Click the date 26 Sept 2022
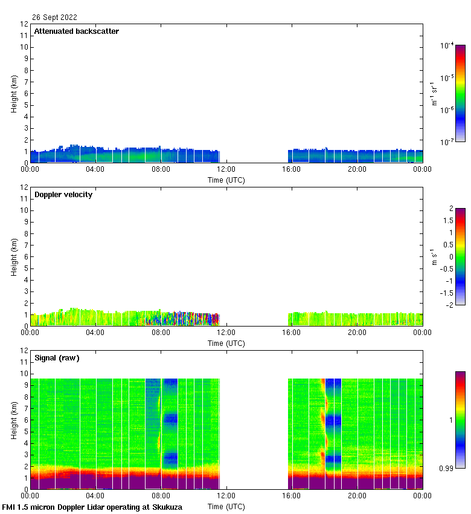[x=54, y=18]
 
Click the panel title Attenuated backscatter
[x=76, y=31]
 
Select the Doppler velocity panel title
[x=63, y=195]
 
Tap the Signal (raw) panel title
[x=57, y=358]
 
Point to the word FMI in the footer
[x=10, y=507]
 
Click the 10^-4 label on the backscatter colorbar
[x=447, y=46]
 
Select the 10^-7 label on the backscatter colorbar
[x=447, y=142]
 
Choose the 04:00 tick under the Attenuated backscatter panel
[x=95, y=169]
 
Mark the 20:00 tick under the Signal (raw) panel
[x=357, y=495]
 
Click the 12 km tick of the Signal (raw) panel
[x=24, y=351]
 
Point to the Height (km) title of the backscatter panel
[x=14, y=93]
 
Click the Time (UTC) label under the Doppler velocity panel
[x=226, y=343]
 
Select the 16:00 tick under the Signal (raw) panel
[x=292, y=495]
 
